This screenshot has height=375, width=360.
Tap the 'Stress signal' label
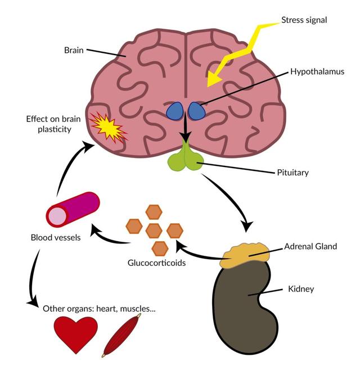point(304,20)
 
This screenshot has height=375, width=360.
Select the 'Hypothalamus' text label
point(317,72)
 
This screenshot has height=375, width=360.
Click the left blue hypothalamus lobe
point(175,111)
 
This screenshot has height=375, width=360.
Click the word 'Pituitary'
point(292,173)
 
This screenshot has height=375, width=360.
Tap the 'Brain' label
point(74,50)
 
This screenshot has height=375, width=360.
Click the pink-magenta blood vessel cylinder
point(73,210)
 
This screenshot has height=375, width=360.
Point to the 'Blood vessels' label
point(56,237)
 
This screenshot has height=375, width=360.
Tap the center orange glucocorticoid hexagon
point(152,229)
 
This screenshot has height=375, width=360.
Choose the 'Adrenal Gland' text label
point(310,246)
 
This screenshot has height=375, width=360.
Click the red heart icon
point(75,333)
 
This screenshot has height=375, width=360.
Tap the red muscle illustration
point(122,336)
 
